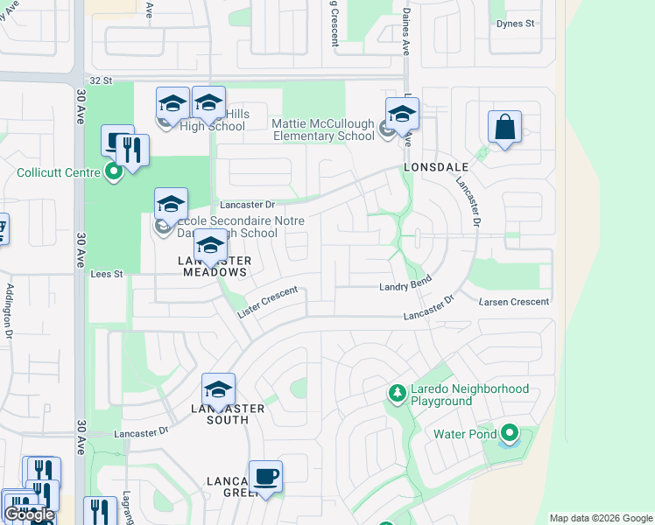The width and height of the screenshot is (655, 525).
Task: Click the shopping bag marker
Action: [504, 128]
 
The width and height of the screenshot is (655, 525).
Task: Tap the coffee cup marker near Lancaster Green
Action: [265, 478]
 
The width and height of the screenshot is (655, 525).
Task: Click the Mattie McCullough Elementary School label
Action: [323, 129]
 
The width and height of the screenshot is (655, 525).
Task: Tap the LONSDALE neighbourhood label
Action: [436, 166]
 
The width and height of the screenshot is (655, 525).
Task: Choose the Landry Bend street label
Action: [405, 287]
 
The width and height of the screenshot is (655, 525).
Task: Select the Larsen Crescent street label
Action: [514, 302]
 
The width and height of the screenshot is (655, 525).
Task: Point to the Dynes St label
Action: [515, 24]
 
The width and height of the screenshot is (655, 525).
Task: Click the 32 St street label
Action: [102, 80]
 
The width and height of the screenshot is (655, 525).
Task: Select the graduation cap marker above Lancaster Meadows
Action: [210, 248]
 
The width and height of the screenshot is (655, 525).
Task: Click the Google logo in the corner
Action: [29, 514]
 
